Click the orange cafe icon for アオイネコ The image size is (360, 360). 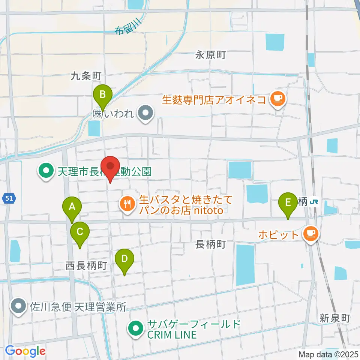(277, 99)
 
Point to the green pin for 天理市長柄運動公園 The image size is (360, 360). (46, 171)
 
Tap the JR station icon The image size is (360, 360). (314, 202)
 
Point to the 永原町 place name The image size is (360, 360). (210, 55)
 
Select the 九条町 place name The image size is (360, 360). (86, 76)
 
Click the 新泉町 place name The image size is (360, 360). (334, 318)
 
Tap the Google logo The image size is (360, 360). (25, 351)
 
